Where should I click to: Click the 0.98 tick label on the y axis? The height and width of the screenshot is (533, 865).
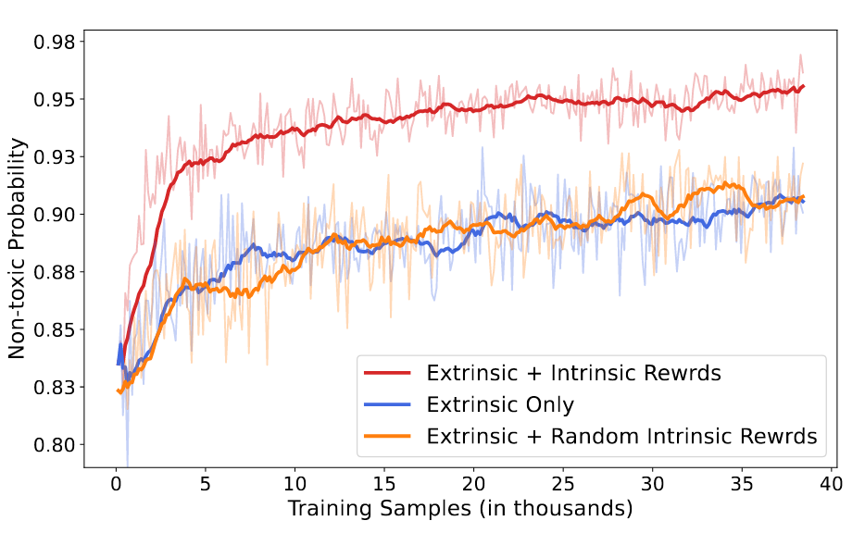(x=54, y=42)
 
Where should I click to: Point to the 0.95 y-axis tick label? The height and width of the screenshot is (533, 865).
(x=54, y=100)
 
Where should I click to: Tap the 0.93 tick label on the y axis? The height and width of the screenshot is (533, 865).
(x=54, y=157)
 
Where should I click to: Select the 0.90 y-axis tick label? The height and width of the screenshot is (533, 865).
(x=54, y=215)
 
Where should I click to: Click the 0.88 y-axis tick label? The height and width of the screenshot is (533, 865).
(x=54, y=272)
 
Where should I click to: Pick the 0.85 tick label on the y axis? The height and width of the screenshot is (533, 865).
(x=54, y=329)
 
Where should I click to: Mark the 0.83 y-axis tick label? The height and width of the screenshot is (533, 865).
(x=54, y=388)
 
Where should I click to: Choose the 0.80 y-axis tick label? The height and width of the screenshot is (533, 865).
(x=54, y=445)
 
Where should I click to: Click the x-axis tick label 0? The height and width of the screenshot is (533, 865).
(x=116, y=484)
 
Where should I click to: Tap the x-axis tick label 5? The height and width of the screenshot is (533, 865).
(x=206, y=484)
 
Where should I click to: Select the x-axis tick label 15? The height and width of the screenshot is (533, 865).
(x=384, y=484)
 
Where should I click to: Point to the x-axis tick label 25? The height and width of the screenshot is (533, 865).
(x=563, y=484)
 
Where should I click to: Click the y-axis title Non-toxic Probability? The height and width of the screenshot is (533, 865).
(x=17, y=249)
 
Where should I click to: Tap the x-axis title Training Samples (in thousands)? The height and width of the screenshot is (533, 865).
(x=460, y=509)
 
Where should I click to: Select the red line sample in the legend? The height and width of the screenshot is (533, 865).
(x=387, y=373)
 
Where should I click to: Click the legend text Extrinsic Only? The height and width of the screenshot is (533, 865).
(x=500, y=405)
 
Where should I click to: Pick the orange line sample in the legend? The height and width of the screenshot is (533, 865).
(x=387, y=437)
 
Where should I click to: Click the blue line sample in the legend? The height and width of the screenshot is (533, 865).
(x=387, y=405)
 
